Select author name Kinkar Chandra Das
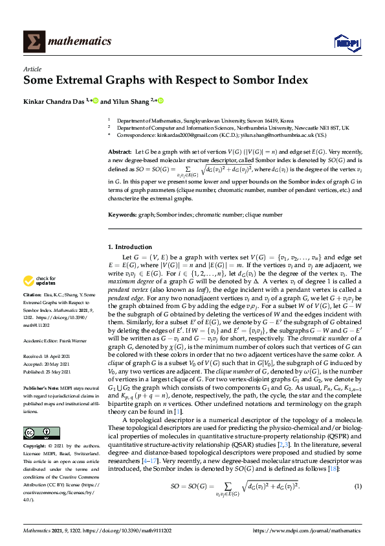(x=54, y=101)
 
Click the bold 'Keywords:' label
(x=122, y=214)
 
